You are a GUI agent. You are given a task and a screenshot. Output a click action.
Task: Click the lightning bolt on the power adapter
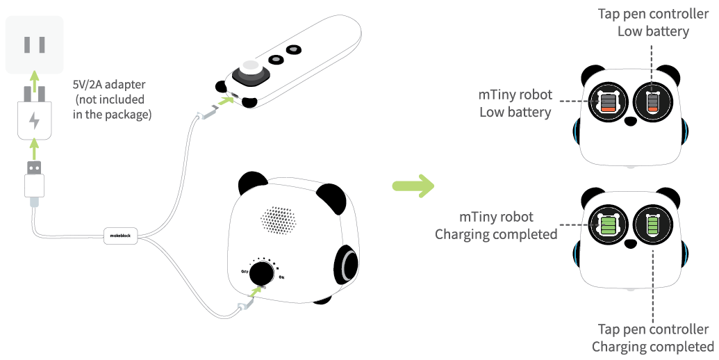point(33,121)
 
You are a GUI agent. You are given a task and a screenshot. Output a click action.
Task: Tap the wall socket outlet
point(34,45)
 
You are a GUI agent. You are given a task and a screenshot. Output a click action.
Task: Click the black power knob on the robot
point(261,272)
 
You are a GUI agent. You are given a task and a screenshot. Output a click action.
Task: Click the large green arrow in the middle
point(413,186)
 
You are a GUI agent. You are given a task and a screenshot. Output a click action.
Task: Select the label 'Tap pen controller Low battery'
point(652,22)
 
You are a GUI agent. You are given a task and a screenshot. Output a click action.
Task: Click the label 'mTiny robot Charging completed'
point(496,225)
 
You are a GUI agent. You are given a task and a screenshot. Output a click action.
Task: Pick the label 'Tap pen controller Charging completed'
point(652,338)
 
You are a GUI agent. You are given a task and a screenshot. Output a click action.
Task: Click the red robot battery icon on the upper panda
point(608,103)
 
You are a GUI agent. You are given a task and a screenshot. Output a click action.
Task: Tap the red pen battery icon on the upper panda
point(652,103)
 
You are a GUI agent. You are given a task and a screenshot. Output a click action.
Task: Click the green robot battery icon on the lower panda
point(608,225)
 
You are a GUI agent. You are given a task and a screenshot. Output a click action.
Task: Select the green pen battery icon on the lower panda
point(652,225)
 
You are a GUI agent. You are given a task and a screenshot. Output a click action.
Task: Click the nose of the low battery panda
point(630,121)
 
